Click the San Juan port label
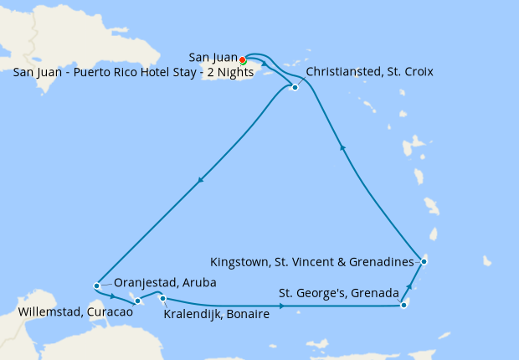tap(213, 57)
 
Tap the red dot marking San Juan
tap(242, 60)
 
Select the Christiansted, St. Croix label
tap(369, 72)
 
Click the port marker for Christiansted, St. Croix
tap(295, 87)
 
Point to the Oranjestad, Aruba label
tap(165, 283)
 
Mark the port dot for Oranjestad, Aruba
tap(97, 285)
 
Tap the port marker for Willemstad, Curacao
tap(137, 301)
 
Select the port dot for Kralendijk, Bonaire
tap(163, 299)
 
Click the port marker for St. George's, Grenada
tap(403, 305)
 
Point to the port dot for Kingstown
tap(424, 261)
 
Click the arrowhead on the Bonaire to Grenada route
tap(281, 306)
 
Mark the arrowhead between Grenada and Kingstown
tap(409, 289)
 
